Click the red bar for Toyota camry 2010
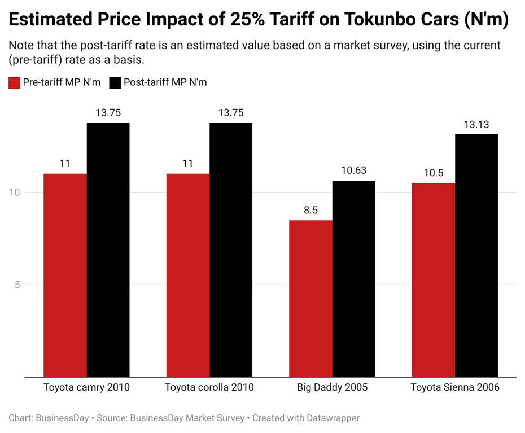(x=65, y=275)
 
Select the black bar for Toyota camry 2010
(x=108, y=250)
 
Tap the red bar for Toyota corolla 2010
(x=187, y=275)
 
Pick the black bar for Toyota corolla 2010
(x=231, y=250)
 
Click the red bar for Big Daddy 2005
(x=310, y=298)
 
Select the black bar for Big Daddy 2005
(x=353, y=278)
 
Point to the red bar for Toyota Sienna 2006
(x=434, y=279)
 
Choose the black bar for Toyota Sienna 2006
(x=476, y=255)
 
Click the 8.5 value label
(x=310, y=210)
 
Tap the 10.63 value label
(x=353, y=170)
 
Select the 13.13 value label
(x=476, y=125)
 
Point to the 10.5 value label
(x=434, y=173)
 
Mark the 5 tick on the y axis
(x=17, y=285)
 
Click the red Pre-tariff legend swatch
(x=14, y=82)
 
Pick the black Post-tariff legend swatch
(x=115, y=82)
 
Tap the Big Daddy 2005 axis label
(x=332, y=388)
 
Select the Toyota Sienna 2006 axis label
(x=455, y=388)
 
